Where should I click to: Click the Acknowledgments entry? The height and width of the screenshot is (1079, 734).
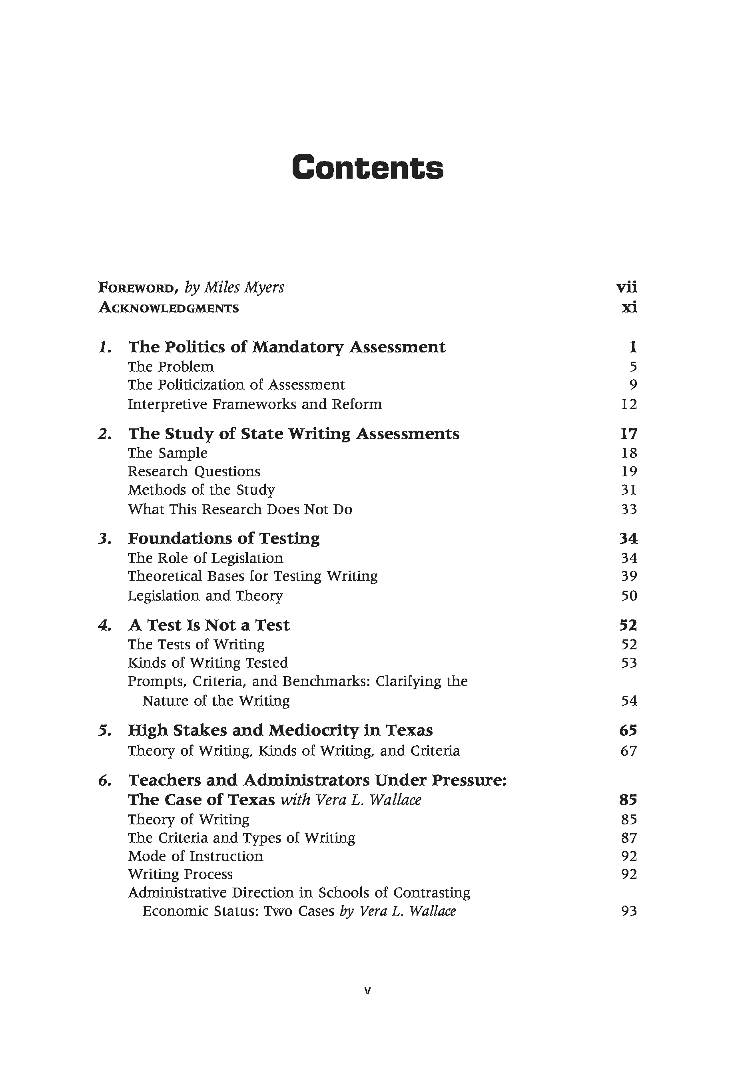[x=169, y=308]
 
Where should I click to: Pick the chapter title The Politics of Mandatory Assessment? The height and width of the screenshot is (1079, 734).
[x=287, y=347]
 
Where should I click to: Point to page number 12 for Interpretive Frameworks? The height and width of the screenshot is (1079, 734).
[x=629, y=404]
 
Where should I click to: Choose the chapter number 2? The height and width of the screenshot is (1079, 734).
[x=104, y=434]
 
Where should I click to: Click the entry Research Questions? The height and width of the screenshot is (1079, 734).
[x=194, y=471]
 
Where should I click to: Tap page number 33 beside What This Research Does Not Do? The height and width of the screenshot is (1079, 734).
[x=629, y=509]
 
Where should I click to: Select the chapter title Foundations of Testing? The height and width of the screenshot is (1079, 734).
[x=223, y=538]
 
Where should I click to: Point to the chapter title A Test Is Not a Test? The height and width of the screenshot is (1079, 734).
[x=209, y=625]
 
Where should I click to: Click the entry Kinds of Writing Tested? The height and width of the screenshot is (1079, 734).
[x=207, y=663]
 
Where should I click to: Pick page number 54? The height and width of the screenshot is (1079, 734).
[x=629, y=701]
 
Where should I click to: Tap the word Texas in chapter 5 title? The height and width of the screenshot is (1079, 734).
[x=409, y=730]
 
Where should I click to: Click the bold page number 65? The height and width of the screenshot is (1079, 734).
[x=628, y=730]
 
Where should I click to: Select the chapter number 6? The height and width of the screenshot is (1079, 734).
[x=104, y=780]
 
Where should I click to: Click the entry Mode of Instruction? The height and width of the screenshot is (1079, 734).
[x=195, y=856]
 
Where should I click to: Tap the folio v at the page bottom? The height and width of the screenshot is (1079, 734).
[x=367, y=991]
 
